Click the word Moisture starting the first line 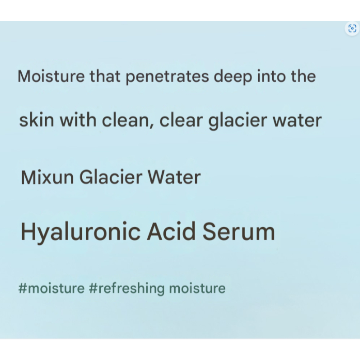pyautogui.click(x=51, y=76)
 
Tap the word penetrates pyautogui.click(x=167, y=77)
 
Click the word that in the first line pyautogui.click(x=105, y=76)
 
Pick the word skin pyautogui.click(x=37, y=120)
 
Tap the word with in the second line pyautogui.click(x=78, y=120)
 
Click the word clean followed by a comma pyautogui.click(x=126, y=120)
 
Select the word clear pyautogui.click(x=181, y=120)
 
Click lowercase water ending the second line pyautogui.click(x=297, y=120)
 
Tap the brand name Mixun pyautogui.click(x=48, y=177)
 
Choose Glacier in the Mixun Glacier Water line pyautogui.click(x=111, y=177)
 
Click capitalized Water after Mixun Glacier pyautogui.click(x=174, y=177)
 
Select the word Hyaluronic pyautogui.click(x=81, y=232)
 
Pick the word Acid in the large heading pyautogui.click(x=171, y=231)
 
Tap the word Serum pyautogui.click(x=239, y=231)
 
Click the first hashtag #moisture pyautogui.click(x=52, y=288)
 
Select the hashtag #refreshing pyautogui.click(x=127, y=289)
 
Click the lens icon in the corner pyautogui.click(x=352, y=28)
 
